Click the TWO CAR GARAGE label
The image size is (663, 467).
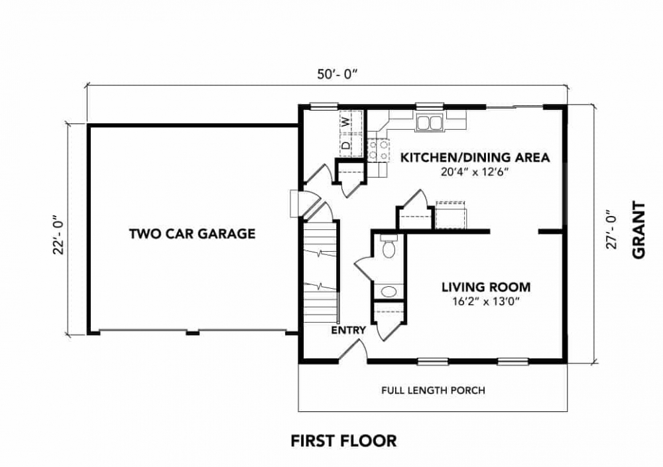[192, 234]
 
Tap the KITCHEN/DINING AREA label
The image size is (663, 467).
[475, 158]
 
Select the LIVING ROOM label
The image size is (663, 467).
[486, 287]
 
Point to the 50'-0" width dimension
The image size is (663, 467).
[337, 74]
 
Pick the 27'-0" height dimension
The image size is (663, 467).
[612, 229]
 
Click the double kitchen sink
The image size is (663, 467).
[429, 123]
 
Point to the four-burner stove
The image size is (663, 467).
[378, 150]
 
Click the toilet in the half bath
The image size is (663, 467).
[389, 246]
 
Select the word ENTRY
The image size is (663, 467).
[348, 331]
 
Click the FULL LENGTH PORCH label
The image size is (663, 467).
[433, 390]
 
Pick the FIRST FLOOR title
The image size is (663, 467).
[343, 441]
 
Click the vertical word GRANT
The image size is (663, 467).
[639, 229]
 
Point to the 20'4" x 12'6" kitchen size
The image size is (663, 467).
[473, 172]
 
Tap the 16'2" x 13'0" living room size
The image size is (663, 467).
[485, 301]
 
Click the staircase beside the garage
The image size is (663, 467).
[321, 273]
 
